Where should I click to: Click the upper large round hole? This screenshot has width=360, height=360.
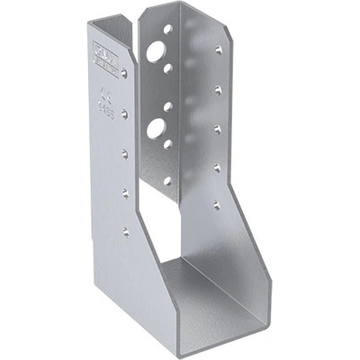pos(158,51)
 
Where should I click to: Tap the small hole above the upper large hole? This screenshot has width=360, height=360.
pos(168,30)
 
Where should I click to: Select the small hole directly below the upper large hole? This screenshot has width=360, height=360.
pos(168,67)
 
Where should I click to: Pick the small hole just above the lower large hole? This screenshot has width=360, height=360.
pos(167,105)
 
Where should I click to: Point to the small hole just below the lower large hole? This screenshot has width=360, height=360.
pos(167,143)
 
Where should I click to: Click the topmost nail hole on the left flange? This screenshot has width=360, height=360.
pos(124,74)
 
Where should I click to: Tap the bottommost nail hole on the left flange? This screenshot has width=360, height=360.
pos(125,231)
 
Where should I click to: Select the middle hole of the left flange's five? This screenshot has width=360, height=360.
pos(125,154)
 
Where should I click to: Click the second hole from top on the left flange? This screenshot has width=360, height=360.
pos(125,114)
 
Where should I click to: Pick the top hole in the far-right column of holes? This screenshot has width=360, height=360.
pos(218,50)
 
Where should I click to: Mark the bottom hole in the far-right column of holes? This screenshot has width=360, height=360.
pos(217,205)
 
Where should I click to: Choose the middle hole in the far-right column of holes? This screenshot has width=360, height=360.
pos(218,129)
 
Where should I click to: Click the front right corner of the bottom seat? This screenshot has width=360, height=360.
pos(266,316)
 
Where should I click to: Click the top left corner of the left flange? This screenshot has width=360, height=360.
pos(89,22)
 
